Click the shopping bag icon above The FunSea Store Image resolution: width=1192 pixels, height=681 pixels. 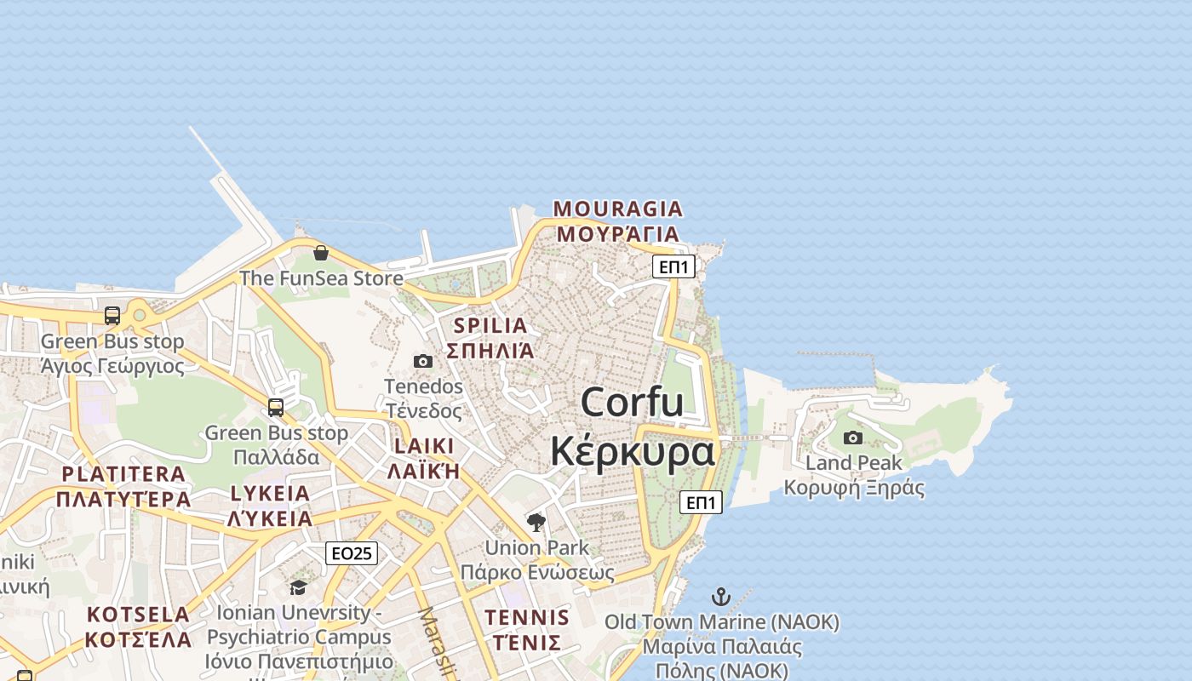[x=321, y=253]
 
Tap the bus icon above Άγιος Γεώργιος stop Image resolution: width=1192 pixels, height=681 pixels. [x=112, y=316]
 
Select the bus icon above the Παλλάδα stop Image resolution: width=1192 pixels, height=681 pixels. [x=276, y=407]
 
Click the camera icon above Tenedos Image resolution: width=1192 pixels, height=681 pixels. [x=423, y=361]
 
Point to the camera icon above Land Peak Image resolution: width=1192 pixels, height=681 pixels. [x=853, y=438]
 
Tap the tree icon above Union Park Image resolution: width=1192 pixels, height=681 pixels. [x=536, y=522]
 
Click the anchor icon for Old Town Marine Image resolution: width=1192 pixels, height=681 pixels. [x=721, y=596]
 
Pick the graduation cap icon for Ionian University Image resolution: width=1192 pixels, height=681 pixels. [x=298, y=587]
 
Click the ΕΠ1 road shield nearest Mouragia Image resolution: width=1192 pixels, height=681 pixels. [x=674, y=266]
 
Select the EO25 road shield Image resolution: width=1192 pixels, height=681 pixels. [x=352, y=553]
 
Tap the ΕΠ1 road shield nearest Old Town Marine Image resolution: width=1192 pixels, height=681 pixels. [x=702, y=502]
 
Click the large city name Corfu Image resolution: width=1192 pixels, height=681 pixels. [x=632, y=402]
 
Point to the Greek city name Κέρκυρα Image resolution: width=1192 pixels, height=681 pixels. [x=632, y=451]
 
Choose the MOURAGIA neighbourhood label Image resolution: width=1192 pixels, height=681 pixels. [x=618, y=209]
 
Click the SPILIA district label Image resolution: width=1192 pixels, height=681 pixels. [x=490, y=325]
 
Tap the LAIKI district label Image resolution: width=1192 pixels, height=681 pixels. [x=423, y=446]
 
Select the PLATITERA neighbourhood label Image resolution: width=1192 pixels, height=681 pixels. [x=123, y=474]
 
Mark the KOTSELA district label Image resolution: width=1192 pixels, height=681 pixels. [x=138, y=615]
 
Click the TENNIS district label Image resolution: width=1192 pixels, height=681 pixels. [x=527, y=618]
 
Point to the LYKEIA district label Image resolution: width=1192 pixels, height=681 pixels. [x=270, y=494]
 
